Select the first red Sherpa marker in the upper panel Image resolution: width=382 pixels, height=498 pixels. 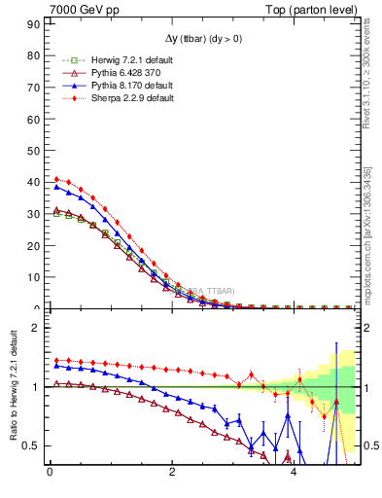tap(56, 179)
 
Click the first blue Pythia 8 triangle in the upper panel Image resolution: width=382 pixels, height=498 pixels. tap(56, 187)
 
